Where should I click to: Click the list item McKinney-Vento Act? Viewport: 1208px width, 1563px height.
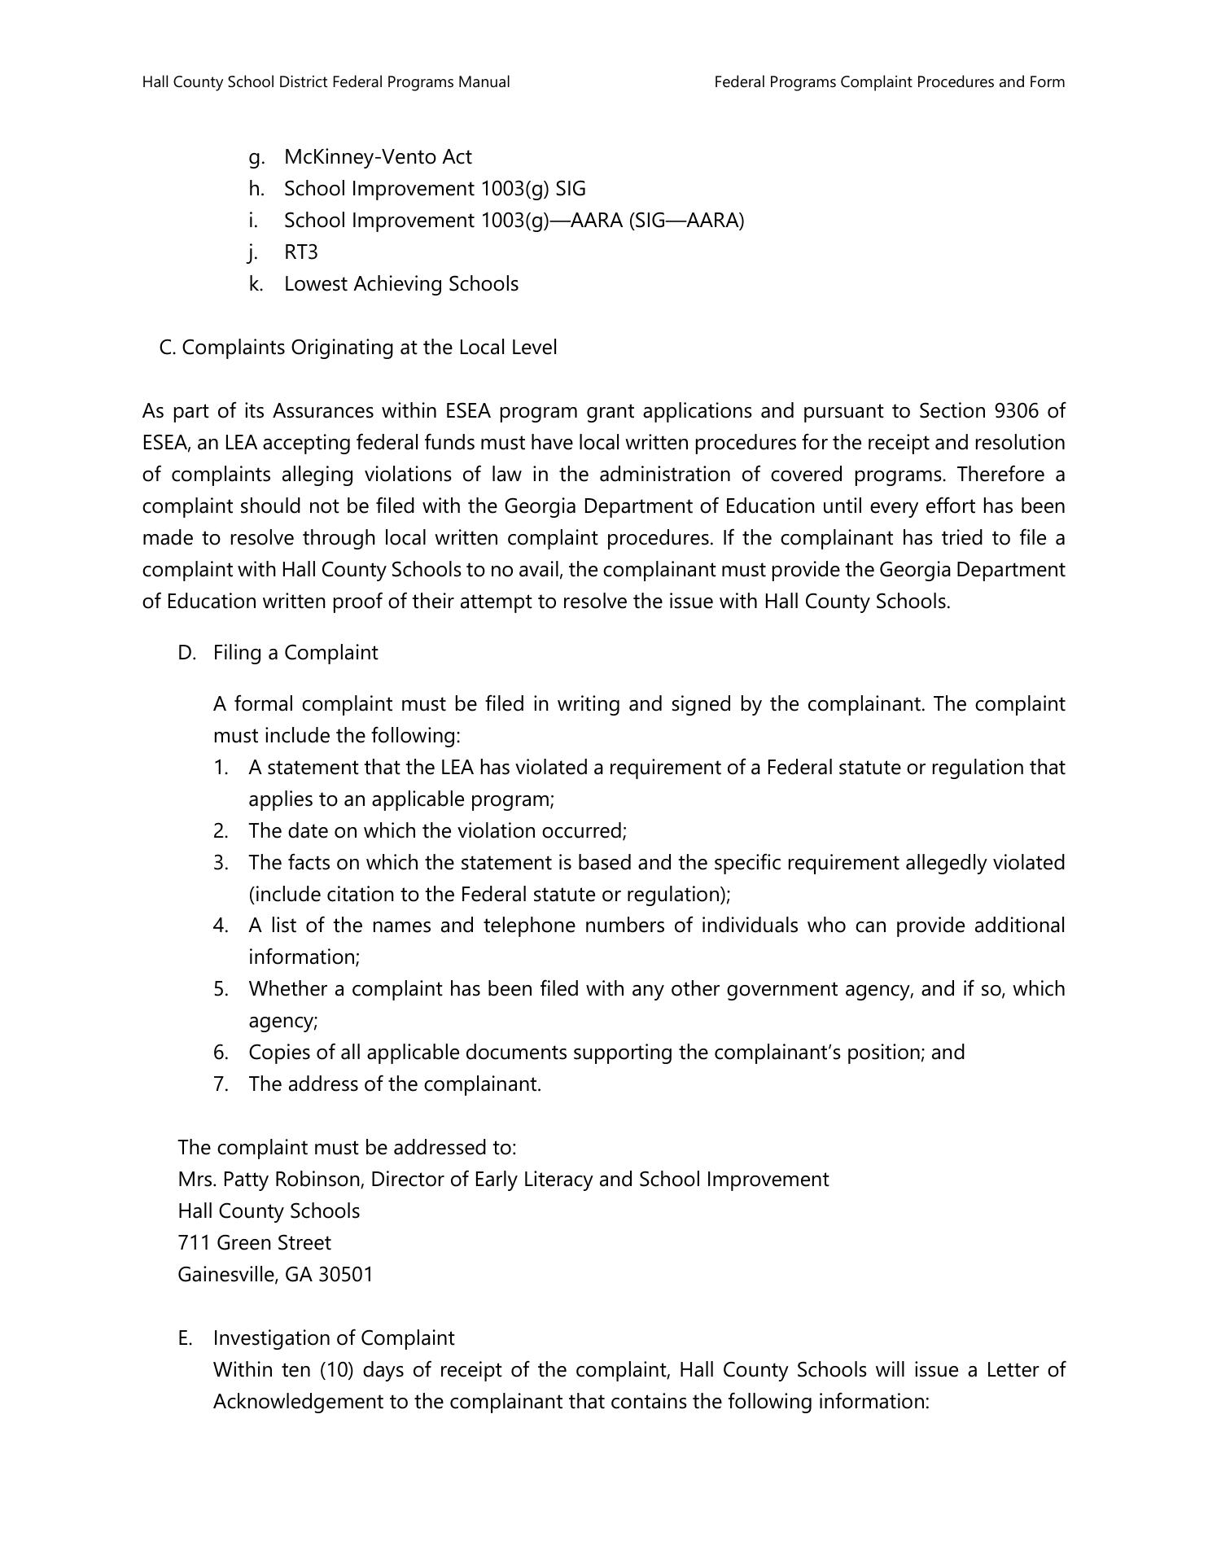point(378,156)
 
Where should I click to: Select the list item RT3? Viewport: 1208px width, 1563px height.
point(301,252)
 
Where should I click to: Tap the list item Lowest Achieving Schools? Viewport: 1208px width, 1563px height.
point(400,283)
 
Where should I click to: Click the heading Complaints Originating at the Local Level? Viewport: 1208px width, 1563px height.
point(369,347)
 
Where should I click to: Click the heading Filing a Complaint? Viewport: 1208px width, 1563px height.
point(295,652)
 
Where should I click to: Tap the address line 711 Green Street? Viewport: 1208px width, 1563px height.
point(254,1242)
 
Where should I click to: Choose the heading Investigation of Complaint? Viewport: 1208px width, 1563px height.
point(334,1338)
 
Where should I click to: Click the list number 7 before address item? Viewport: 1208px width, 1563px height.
point(221,1084)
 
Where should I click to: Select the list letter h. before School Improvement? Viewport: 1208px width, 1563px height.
point(256,188)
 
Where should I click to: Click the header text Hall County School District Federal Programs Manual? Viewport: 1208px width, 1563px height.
point(326,81)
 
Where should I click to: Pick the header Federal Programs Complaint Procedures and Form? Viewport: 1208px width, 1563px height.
point(889,81)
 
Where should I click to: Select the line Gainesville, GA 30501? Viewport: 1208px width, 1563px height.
point(275,1274)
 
